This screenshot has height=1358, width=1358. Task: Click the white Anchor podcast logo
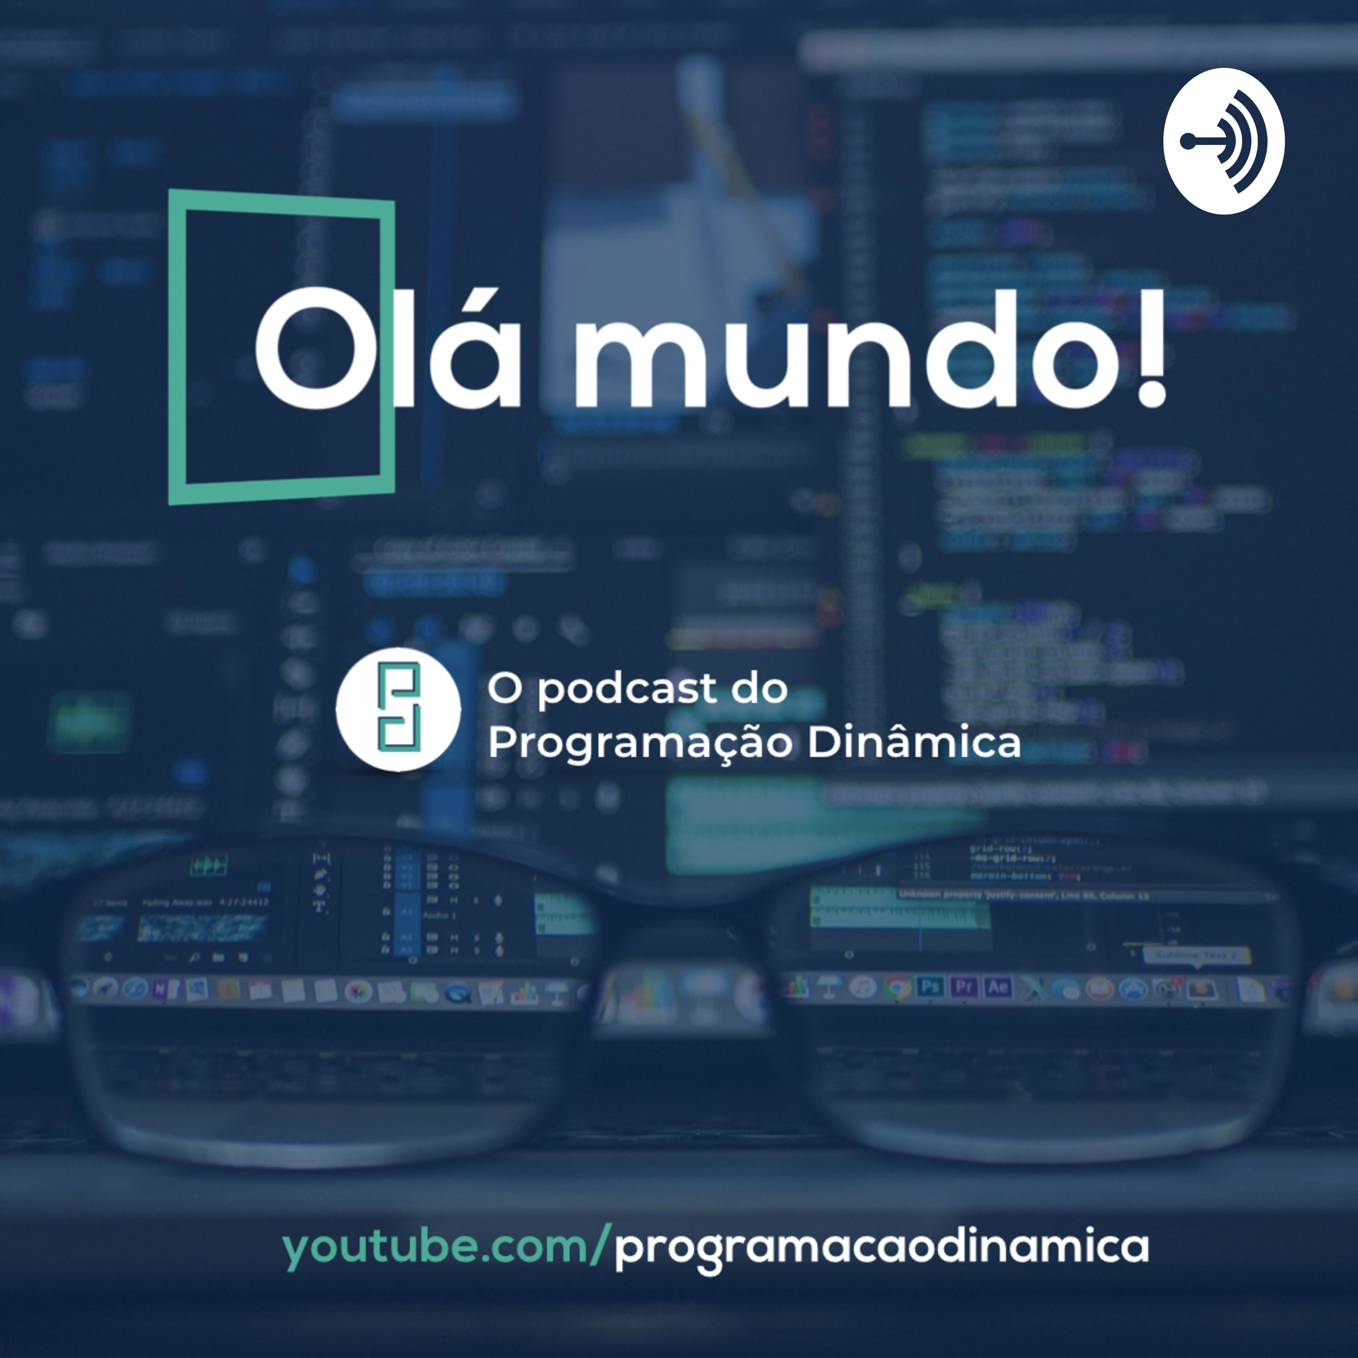(x=1223, y=141)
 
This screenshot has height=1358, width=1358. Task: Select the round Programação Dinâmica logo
(x=398, y=709)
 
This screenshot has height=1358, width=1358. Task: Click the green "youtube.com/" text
(x=443, y=1248)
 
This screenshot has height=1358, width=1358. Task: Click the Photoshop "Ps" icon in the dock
(x=930, y=987)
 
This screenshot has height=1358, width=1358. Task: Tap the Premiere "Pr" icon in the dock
(x=964, y=987)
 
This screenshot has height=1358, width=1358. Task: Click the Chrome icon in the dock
(x=897, y=988)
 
